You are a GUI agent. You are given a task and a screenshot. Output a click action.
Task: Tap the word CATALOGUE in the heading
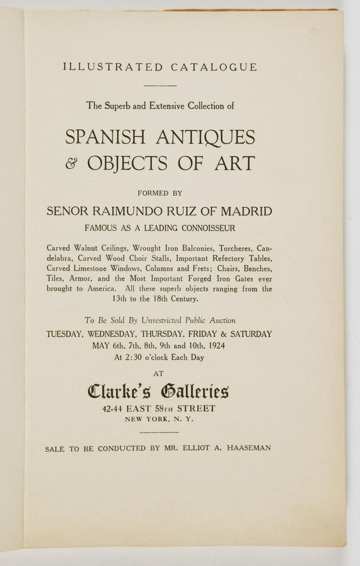[214, 67]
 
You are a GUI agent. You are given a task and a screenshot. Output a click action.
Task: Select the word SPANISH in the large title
[105, 137]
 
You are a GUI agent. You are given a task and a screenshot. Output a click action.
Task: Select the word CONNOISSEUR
[208, 228]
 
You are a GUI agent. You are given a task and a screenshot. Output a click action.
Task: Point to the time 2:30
[130, 357]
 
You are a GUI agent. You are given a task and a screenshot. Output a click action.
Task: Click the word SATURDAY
[251, 334]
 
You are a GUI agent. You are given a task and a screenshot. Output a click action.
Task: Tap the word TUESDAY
[65, 334]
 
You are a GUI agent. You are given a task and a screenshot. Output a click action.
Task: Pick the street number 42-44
[112, 409]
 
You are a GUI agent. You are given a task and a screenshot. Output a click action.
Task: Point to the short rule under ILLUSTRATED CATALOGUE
[160, 86]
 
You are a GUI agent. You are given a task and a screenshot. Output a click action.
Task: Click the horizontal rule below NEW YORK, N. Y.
[159, 432]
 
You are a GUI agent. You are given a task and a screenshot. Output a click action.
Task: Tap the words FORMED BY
[160, 193]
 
